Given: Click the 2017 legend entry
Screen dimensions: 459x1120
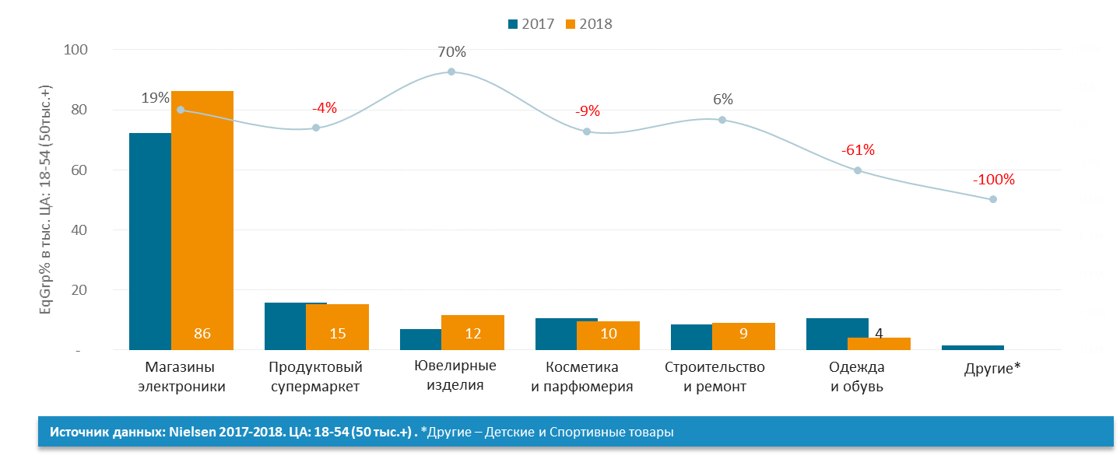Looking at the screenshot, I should pos(531,24).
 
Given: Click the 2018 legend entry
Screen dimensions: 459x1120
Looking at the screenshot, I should pos(589,24).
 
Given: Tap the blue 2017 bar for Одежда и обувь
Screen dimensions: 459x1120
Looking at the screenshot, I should pos(837,334).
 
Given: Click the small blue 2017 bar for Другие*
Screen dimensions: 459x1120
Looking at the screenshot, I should pos(973,348).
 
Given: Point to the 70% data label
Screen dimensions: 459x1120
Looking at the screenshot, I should pos(451,52).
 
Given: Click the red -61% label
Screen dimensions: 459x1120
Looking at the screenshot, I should pos(858,150).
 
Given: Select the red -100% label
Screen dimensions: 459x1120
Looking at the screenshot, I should pos(993,180).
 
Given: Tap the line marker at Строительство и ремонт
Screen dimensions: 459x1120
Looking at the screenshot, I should pos(722,120).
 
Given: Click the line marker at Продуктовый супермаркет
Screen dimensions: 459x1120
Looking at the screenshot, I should pos(316,128).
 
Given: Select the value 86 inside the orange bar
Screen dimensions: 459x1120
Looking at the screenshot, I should pos(202,334).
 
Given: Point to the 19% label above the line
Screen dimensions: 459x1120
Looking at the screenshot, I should pos(155,98).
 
